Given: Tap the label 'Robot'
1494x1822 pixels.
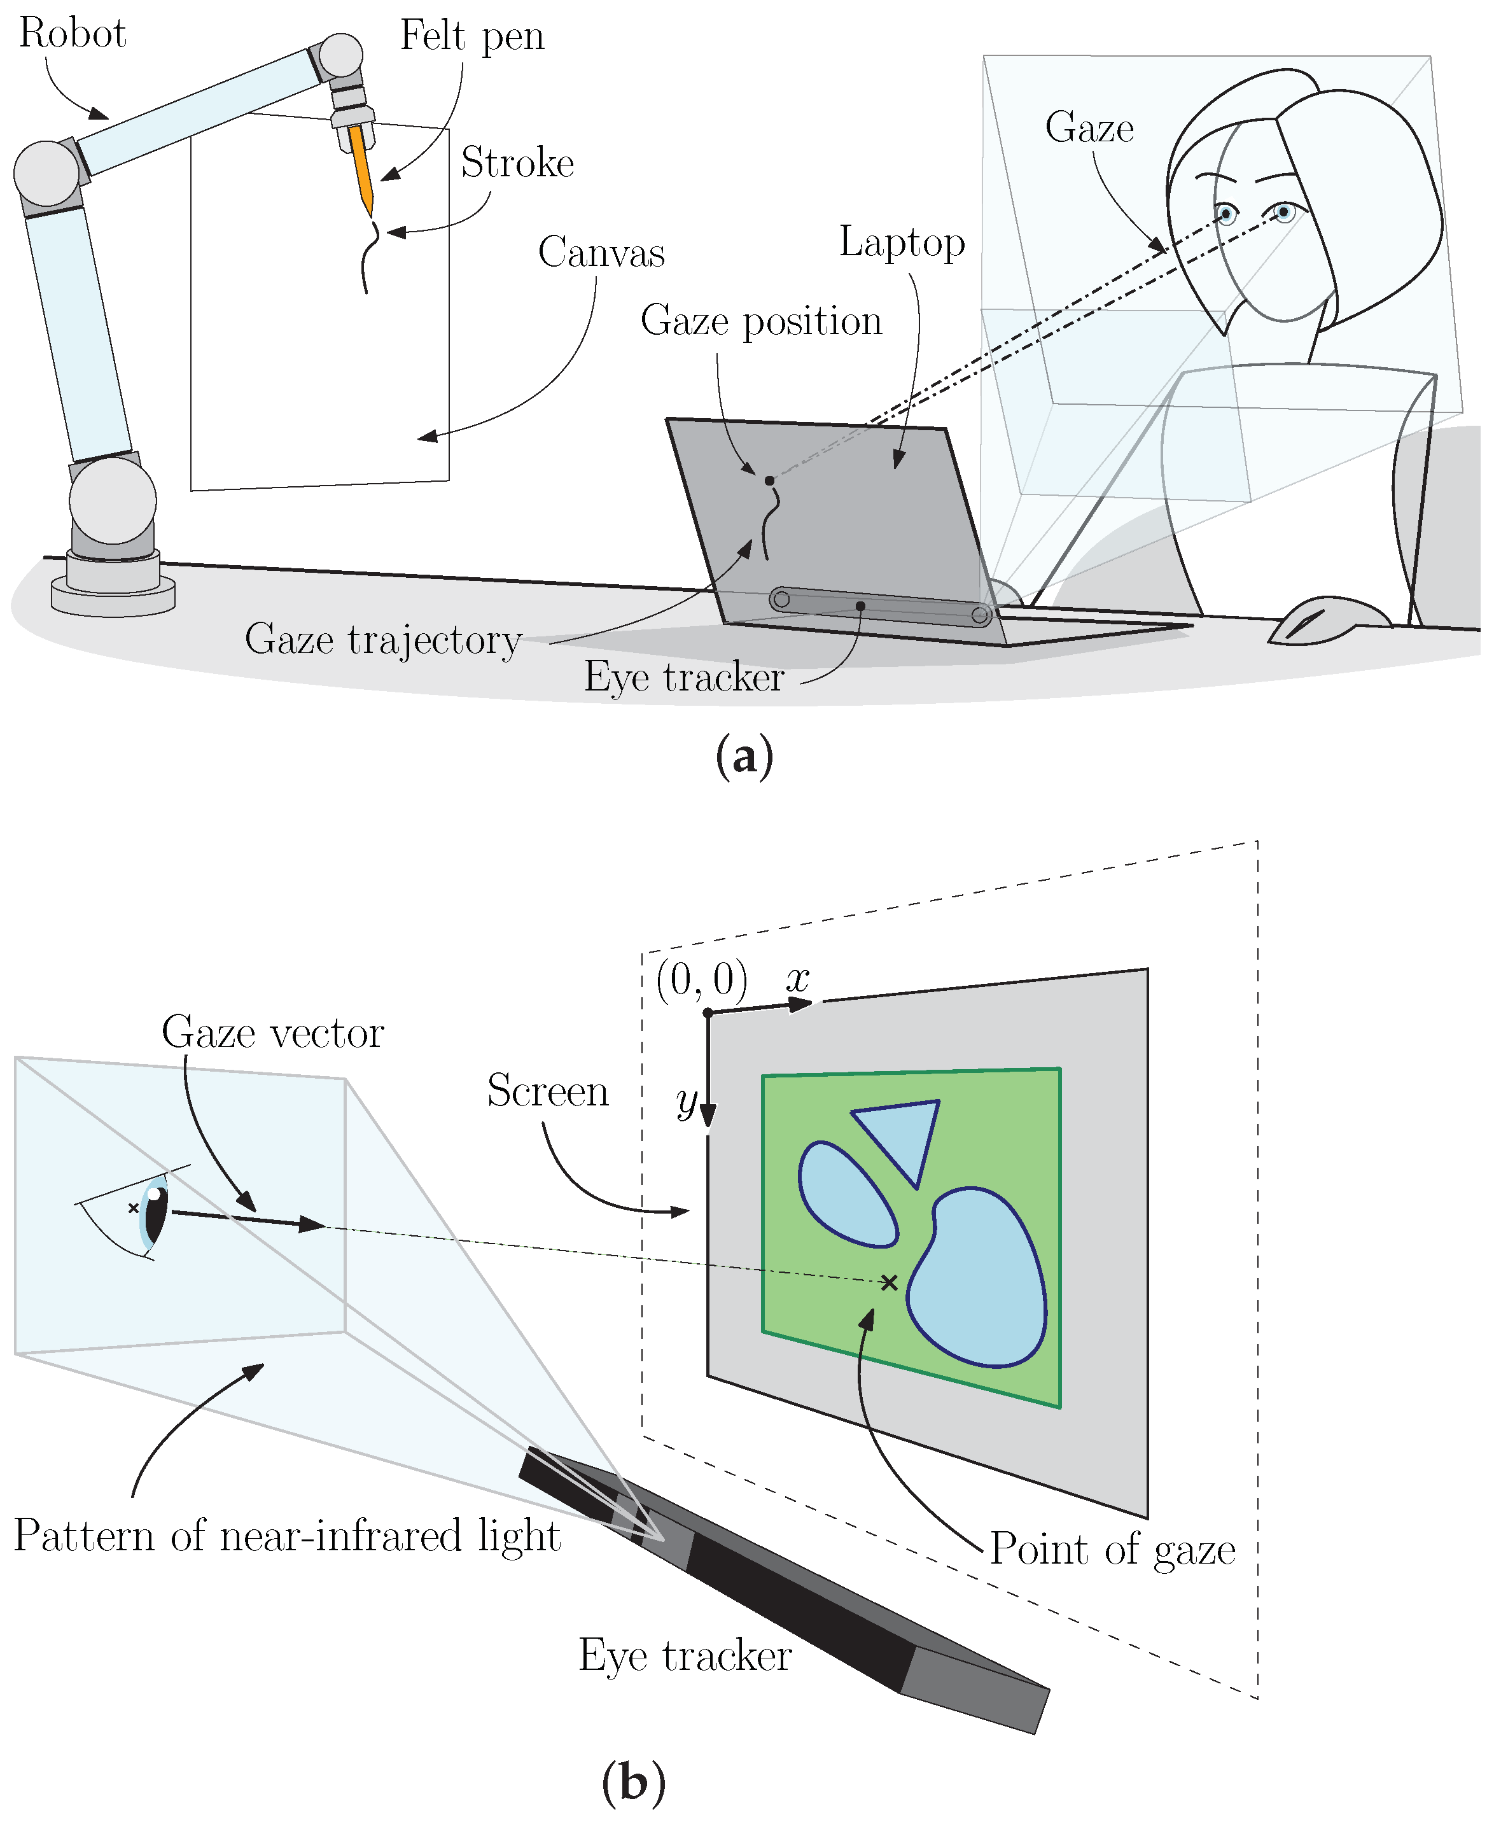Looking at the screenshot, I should coord(73,34).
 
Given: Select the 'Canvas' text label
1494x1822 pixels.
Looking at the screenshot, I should coord(601,253).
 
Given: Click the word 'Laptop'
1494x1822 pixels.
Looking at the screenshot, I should coord(901,244).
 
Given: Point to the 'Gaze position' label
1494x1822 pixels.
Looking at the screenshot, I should coord(761,321).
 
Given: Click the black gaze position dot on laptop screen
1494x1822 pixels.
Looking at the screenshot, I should coord(769,480).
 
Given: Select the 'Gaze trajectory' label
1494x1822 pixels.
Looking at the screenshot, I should coord(383,640).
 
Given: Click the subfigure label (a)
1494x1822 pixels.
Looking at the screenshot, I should coord(744,755).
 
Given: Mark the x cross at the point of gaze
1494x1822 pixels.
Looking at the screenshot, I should coord(889,1282).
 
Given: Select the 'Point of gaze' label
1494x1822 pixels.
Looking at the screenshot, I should coord(1112,1549).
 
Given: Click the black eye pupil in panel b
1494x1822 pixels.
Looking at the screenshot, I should coord(156,1214).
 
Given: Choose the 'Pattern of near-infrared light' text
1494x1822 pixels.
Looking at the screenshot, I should coord(286,1536).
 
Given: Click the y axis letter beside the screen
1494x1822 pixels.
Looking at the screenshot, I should coord(686,1101).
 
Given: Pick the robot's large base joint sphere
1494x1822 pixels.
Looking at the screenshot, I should coord(113,500).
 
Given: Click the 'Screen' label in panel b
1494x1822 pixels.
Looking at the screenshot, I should coord(547,1090).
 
